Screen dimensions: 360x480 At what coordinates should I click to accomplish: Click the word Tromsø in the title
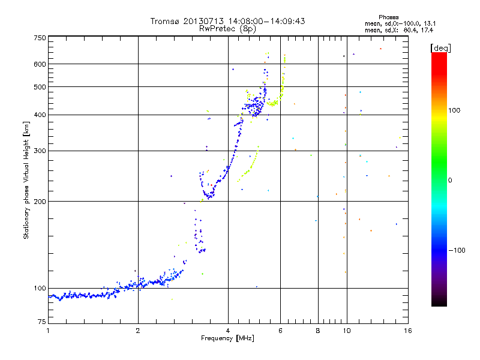point(165,21)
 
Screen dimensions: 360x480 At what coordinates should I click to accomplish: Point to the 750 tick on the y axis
point(40,38)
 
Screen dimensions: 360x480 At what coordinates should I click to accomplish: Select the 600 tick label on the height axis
point(40,64)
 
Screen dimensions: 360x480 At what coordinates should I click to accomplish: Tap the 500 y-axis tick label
point(40,87)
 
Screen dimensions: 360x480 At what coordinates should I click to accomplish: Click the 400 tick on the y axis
point(40,115)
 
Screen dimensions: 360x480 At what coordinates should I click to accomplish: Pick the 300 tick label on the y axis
point(40,151)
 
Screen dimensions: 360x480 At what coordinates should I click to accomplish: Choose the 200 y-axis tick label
point(40,202)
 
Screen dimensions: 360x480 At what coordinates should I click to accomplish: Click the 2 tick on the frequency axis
point(138,330)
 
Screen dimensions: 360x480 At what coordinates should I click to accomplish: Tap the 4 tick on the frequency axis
point(228,330)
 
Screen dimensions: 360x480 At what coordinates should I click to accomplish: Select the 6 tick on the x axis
point(280,330)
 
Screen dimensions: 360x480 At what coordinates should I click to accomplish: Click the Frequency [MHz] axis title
point(227,338)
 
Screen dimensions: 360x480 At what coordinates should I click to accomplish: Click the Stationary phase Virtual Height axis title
point(26,180)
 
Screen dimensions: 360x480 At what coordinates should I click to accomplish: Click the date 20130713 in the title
point(202,21)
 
